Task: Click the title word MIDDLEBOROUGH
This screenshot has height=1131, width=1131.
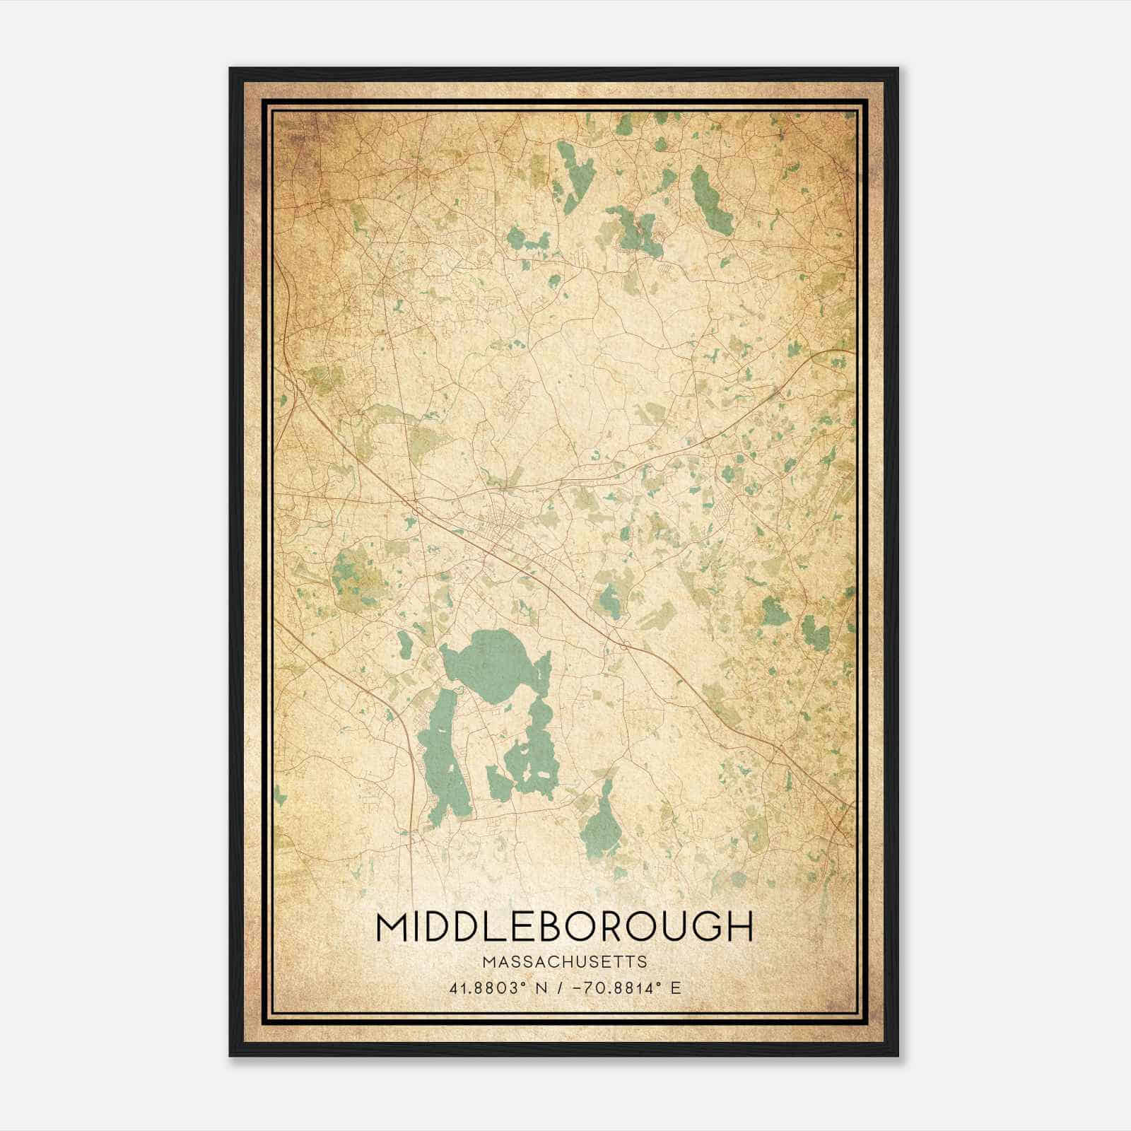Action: (x=565, y=927)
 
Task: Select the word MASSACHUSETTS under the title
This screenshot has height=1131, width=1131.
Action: (x=565, y=962)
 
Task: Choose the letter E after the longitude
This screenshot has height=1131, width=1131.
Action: (x=676, y=988)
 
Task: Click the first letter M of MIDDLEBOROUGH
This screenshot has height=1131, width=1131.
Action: (x=392, y=927)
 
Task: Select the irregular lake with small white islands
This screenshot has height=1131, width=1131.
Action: (x=534, y=749)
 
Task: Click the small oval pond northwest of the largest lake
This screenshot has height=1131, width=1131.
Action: (x=405, y=644)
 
